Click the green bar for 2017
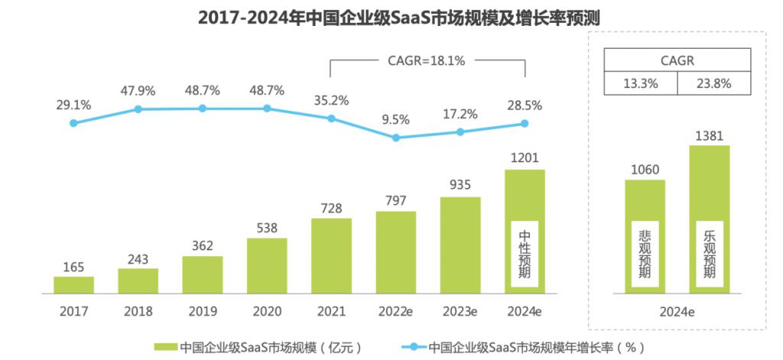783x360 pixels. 73,284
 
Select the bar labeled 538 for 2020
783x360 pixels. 267,265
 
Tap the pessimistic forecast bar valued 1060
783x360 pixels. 645,235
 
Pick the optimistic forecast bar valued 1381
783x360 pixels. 709,219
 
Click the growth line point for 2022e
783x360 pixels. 395,138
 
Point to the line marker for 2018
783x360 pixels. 138,109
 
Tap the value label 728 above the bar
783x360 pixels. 330,209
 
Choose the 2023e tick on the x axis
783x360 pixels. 460,312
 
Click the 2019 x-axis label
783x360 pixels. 202,312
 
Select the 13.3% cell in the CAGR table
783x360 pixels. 641,84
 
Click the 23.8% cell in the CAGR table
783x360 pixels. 712,84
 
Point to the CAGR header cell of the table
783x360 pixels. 677,60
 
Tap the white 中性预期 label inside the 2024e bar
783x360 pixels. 525,252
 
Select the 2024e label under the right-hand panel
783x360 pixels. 676,312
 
